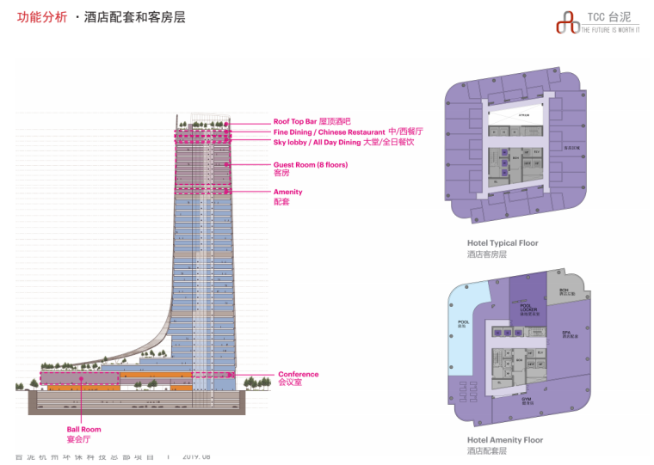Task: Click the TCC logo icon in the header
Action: click(x=567, y=21)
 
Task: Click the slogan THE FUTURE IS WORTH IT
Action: click(x=611, y=29)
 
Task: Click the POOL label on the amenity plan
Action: click(x=462, y=323)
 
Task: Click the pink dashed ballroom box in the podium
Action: click(x=79, y=377)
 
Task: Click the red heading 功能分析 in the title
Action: click(x=41, y=17)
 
